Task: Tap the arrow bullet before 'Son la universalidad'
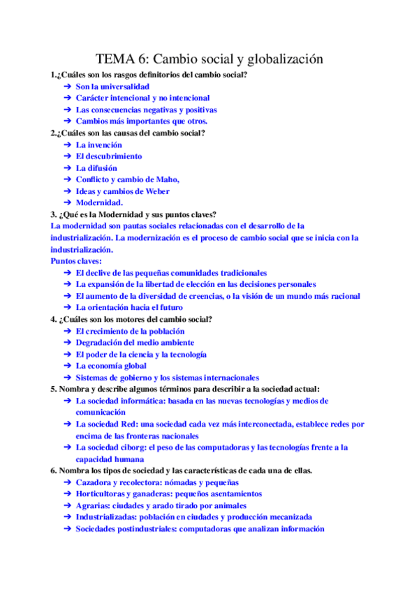click(67, 87)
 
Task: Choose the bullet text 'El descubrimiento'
click(108, 156)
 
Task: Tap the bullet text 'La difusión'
click(96, 168)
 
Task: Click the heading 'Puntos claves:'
click(75, 261)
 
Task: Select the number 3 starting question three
click(52, 214)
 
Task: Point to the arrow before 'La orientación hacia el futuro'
click(67, 307)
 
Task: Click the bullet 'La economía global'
click(111, 365)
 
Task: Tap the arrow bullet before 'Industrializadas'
click(67, 517)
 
